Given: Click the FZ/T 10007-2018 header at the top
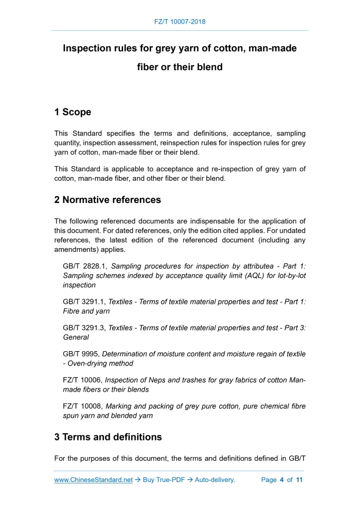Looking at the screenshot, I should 180,22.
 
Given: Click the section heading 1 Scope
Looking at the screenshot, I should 73,112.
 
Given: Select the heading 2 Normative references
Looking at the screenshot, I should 108,200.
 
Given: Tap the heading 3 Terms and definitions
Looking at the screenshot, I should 108,437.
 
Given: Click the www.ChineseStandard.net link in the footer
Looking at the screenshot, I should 94,480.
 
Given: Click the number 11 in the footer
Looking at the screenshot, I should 299,480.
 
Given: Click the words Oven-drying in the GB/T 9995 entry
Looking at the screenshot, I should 85,364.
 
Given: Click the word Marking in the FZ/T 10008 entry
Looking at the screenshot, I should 121,406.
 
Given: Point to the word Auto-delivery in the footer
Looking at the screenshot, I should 215,480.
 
